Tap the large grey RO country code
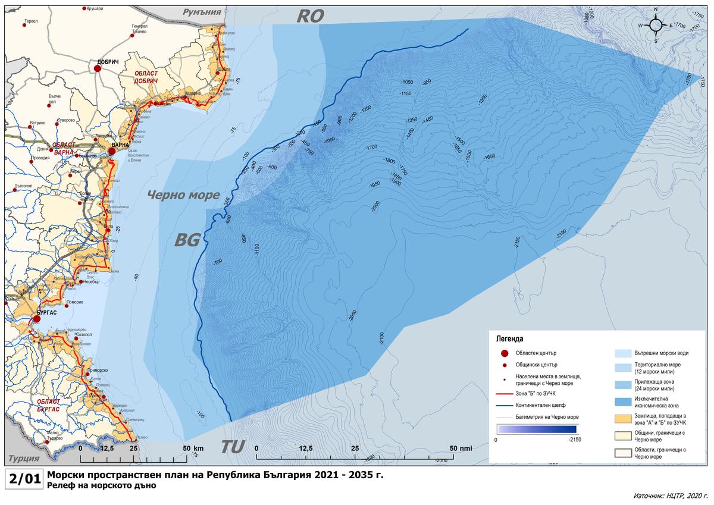pos(310,16)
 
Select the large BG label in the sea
pos(187,240)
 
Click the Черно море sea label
pos(183,195)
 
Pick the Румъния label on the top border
pos(202,11)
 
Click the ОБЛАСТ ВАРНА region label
pos(64,148)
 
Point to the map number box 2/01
pos(23,479)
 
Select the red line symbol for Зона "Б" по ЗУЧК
pos(504,393)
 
